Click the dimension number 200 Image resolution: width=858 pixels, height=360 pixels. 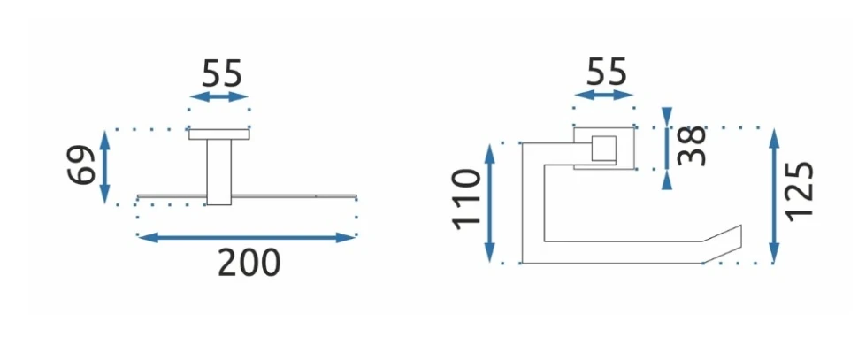[249, 263]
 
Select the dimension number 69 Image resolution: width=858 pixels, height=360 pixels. [82, 165]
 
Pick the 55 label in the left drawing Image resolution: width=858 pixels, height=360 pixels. [220, 73]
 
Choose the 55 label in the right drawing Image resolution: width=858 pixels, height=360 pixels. [604, 72]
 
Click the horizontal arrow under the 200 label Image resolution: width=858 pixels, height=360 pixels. [248, 237]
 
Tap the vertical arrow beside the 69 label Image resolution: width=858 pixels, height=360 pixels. [105, 165]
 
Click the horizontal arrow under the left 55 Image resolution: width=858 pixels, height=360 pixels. [220, 96]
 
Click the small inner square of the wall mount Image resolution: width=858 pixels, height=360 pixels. [603, 149]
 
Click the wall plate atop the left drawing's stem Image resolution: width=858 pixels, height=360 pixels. [219, 134]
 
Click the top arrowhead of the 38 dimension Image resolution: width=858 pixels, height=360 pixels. [667, 115]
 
